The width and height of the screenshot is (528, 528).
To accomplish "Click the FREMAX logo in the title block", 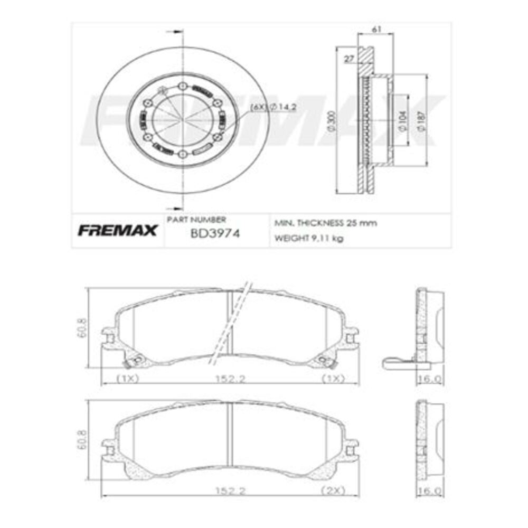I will coord(118,231).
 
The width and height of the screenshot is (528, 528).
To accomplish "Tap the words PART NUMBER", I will coord(196,219).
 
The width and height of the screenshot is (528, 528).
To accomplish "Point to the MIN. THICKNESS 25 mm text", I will coord(325,223).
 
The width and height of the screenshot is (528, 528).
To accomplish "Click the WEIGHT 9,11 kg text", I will coord(309,238).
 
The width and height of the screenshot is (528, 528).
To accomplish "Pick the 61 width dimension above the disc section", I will coord(376,30).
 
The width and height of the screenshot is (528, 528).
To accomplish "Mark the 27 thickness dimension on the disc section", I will coord(348,59).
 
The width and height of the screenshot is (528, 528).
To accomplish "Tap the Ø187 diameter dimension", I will coord(421,121).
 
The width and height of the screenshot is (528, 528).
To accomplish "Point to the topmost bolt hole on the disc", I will coord(182,86).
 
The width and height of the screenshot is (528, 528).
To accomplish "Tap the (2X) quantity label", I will coord(333,491).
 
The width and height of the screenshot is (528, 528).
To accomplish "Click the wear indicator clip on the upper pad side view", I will coord(397,362).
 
